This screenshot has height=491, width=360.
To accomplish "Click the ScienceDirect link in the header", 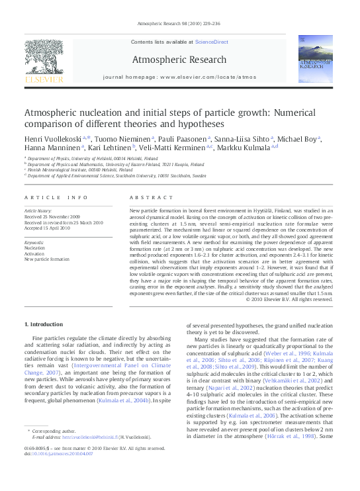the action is tap(212, 41).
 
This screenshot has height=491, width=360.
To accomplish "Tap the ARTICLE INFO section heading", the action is tap(56, 198).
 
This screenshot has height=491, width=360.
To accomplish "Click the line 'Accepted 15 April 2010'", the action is tap(52, 227).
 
